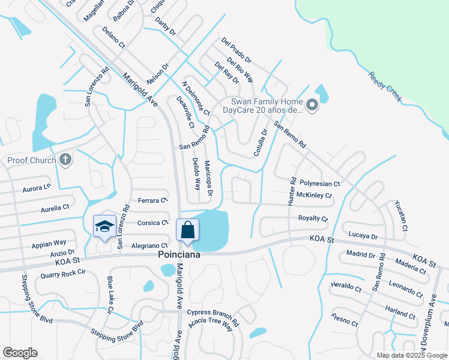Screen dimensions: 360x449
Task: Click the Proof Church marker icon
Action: click(66, 160)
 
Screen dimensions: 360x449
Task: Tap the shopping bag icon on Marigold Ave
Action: click(187, 230)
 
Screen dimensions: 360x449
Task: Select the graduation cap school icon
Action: click(104, 227)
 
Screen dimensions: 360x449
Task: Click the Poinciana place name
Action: click(179, 254)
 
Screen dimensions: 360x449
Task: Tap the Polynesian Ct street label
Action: click(320, 184)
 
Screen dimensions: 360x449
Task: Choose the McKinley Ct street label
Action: click(315, 196)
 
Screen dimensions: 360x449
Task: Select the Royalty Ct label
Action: click(313, 219)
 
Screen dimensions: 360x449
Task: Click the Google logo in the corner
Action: click(20, 353)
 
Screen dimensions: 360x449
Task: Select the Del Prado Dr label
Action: click(236, 51)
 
